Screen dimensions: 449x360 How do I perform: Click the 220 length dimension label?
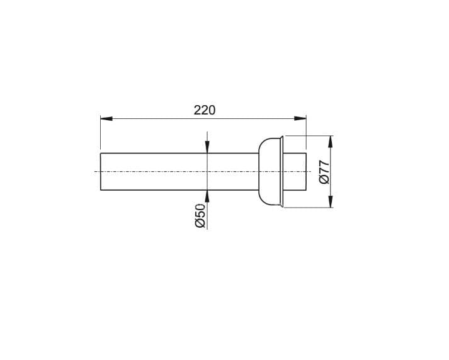coord(204,110)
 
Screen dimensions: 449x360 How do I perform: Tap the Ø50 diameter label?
coord(200,215)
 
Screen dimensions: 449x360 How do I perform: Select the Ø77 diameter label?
coord(324,172)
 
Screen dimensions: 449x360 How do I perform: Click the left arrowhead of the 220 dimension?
coord(106,118)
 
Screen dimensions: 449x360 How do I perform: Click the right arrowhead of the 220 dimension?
coord(300,118)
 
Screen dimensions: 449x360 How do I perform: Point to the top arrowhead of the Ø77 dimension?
coord(331,142)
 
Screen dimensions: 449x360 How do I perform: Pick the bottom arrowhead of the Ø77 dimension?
coord(331,201)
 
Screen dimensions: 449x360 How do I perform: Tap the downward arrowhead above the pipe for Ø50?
coord(207,147)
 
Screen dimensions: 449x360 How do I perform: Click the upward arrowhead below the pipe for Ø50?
coord(207,196)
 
